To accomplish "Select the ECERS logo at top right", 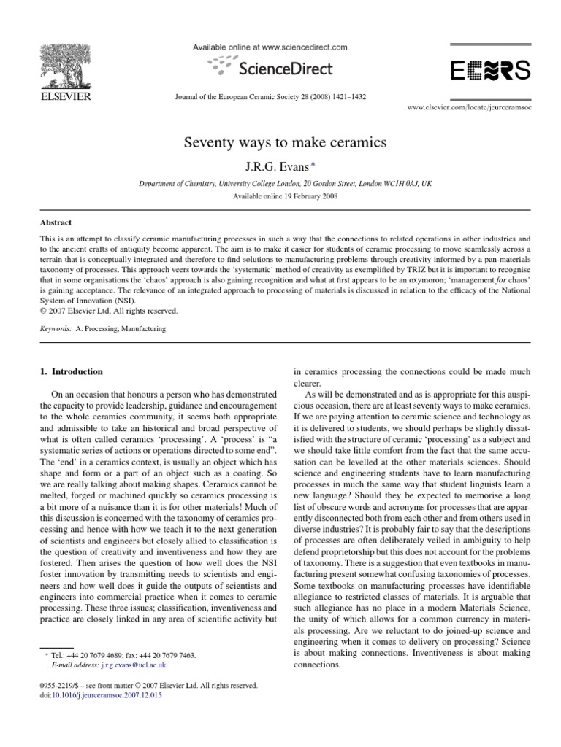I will click(x=489, y=71).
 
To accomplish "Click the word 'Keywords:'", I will click(x=56, y=329).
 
